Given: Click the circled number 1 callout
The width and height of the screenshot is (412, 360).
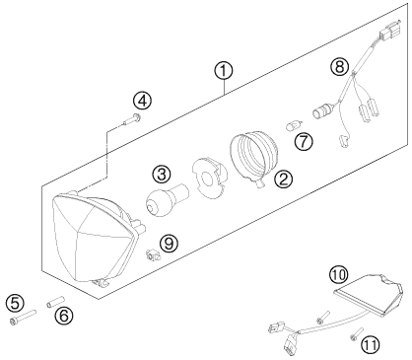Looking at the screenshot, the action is point(224,71).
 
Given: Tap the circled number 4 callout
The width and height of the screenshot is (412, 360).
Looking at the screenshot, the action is point(142,101).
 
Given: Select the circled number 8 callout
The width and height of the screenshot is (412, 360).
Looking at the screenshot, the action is point(340,67).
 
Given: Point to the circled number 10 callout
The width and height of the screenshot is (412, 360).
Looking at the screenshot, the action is point(339,275).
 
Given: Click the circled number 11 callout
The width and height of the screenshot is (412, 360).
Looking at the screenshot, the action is point(371,345).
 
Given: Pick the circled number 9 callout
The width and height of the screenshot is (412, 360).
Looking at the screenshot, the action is point(169,244).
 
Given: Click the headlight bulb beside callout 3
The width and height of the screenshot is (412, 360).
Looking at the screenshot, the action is point(167,200).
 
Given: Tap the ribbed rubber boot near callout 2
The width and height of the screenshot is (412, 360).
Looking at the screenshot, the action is point(253,159).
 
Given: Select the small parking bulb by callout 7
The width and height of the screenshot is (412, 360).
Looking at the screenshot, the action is point(292,126).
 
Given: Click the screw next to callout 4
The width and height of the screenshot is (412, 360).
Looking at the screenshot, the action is point(131,119).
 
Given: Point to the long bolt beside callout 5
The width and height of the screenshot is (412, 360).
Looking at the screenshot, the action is point(23,317).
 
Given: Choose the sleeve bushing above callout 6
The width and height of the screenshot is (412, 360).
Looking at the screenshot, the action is point(55,302).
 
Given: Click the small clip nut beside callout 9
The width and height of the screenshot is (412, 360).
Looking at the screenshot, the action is point(152,254).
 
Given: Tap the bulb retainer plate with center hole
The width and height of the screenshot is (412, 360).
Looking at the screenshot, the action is point(209,178).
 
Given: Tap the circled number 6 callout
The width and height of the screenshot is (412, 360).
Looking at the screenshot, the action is point(64,317).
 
